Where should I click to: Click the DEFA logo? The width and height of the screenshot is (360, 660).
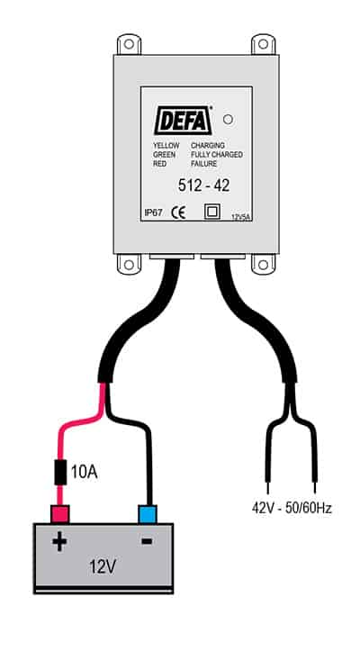click(183, 121)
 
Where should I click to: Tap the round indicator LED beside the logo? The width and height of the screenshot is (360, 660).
click(228, 120)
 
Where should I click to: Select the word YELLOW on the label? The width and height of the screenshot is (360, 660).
click(166, 146)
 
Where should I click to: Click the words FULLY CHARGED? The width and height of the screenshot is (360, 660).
click(217, 155)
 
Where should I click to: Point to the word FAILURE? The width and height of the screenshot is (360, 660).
click(204, 164)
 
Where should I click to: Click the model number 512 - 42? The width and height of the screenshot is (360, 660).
click(204, 185)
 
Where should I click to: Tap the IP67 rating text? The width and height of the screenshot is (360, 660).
click(154, 213)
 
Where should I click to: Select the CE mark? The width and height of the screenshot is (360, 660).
click(178, 213)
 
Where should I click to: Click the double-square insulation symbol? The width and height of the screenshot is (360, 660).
click(212, 212)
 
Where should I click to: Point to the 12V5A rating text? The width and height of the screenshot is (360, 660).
click(241, 218)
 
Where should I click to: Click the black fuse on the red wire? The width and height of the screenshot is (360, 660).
click(61, 473)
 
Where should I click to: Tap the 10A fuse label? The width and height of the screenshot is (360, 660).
click(84, 473)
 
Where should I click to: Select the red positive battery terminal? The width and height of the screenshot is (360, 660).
click(60, 514)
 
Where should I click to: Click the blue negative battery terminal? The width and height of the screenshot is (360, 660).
click(148, 514)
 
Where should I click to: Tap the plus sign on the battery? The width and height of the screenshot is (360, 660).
click(59, 542)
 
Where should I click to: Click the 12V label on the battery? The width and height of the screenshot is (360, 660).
click(103, 567)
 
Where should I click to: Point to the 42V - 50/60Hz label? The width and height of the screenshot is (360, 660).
click(292, 508)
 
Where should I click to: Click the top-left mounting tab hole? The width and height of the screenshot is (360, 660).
click(129, 44)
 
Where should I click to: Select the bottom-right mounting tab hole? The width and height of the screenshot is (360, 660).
click(264, 265)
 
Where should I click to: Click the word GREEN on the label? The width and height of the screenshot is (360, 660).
click(165, 155)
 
